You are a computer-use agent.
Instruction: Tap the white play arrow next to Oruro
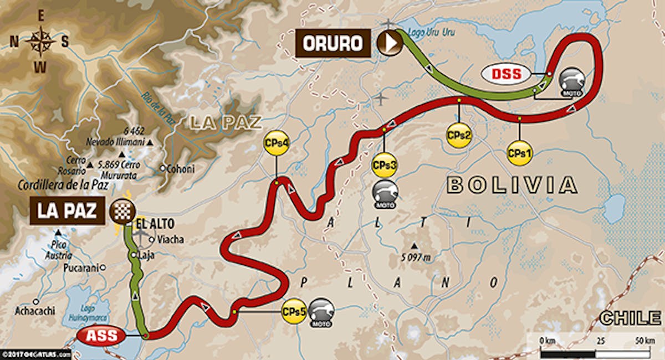[390, 43]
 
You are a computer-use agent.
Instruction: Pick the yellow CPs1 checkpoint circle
[519, 152]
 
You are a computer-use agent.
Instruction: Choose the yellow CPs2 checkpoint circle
[459, 135]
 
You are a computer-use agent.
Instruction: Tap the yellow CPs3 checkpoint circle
[383, 165]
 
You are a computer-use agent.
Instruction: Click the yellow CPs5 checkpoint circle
[294, 312]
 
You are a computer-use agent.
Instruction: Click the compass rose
[39, 41]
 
